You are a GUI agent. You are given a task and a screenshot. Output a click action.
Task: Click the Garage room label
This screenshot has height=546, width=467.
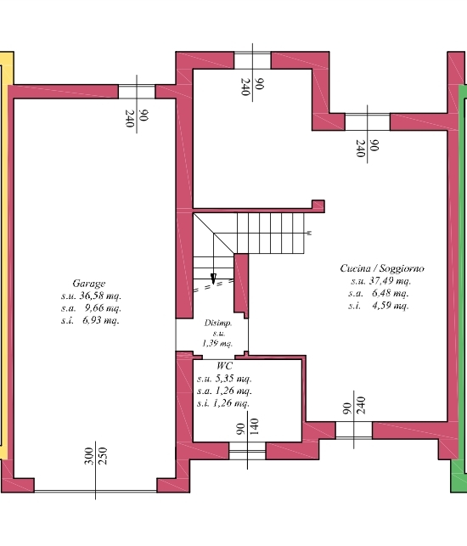89,284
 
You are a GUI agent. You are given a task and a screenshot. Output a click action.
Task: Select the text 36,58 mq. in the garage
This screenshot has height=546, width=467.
100,296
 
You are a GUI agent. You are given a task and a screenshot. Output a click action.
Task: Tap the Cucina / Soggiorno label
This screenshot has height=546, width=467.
382,268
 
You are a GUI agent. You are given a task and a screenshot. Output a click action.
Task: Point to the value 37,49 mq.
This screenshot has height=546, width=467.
390,281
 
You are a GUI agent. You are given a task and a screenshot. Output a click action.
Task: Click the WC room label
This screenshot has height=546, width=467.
224,366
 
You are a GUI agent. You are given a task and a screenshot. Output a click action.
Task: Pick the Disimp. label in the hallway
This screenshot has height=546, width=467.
218,324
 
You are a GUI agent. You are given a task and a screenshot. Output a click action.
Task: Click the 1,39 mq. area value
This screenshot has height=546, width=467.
217,343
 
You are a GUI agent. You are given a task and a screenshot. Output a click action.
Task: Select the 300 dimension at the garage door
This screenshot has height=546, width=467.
89,456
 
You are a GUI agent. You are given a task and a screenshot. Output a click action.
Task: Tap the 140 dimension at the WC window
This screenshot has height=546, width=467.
254,426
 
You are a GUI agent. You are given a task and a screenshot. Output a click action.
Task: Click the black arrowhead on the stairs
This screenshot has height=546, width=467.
213,279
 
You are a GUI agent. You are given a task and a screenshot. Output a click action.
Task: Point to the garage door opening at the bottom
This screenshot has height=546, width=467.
95,491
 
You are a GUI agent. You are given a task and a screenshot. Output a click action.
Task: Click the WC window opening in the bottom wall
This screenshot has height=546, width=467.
247,451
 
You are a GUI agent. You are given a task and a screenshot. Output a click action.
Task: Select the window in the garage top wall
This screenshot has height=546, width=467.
137,92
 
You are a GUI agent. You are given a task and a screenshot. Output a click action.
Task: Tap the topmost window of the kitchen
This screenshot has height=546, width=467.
252,60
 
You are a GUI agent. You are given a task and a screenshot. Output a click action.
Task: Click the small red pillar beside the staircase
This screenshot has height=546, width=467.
241,285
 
